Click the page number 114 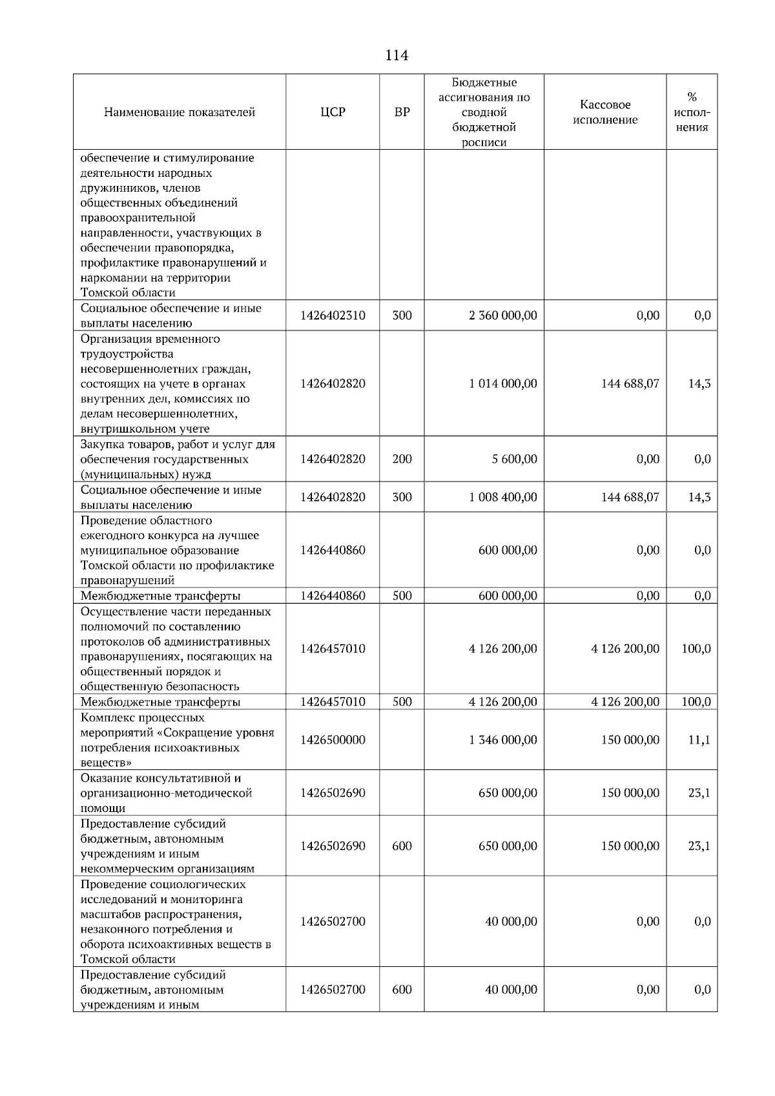tap(396, 56)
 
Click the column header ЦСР tap(333, 112)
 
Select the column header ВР tap(402, 112)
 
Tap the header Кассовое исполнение tap(604, 112)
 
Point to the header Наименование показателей tap(180, 112)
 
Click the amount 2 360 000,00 tap(502, 316)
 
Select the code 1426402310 tap(333, 316)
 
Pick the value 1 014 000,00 tap(502, 383)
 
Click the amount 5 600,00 tap(513, 459)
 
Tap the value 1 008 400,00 tap(502, 497)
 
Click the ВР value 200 tap(402, 459)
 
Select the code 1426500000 tap(333, 740)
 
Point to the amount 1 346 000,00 tap(502, 740)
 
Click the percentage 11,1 tap(699, 740)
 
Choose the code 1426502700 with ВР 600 tap(333, 989)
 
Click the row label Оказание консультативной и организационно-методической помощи tap(166, 793)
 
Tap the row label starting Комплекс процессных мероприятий tap(177, 740)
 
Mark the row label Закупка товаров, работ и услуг tap(177, 459)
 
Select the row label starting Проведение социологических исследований tap(175, 921)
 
